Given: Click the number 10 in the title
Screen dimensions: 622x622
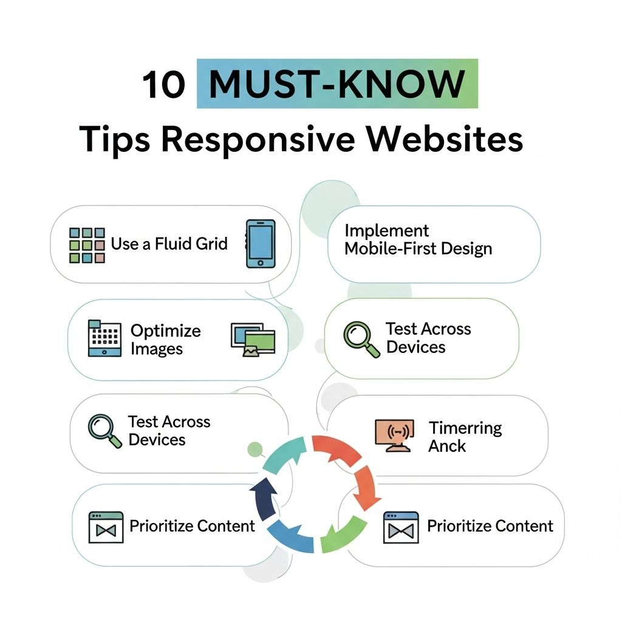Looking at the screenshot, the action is click(163, 84).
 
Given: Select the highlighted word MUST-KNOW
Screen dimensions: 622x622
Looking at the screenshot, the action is click(337, 84).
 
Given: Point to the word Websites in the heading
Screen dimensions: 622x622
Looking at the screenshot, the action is click(444, 139).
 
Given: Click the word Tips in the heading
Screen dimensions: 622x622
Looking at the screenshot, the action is click(115, 140).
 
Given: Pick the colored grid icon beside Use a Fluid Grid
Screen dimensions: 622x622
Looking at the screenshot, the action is click(87, 245).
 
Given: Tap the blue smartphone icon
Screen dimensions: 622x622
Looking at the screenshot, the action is click(260, 244).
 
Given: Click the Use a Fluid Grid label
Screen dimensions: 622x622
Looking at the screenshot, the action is click(169, 244).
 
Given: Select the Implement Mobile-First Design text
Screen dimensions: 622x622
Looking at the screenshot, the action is click(418, 239).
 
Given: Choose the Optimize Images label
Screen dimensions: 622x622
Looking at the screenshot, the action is click(165, 340).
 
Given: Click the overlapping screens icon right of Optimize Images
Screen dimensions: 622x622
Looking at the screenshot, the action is click(253, 340).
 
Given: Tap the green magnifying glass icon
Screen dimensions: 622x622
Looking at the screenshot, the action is click(361, 339).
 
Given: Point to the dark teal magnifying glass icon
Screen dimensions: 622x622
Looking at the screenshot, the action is click(104, 431).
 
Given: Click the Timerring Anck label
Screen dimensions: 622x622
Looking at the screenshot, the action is click(465, 437).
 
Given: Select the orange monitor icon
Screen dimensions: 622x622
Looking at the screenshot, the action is click(394, 436).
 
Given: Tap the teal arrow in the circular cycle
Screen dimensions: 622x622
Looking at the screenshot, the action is click(284, 454).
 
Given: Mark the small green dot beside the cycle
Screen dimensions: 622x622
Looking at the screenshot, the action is click(255, 449).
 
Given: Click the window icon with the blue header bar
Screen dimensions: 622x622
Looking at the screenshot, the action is click(401, 527).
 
